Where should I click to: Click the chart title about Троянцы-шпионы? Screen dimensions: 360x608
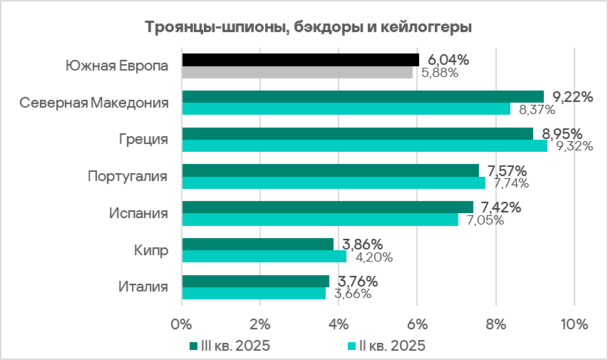pos(309,28)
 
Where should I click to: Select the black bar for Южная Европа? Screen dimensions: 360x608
pos(300,59)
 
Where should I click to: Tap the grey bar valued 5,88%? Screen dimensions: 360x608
pos(297,72)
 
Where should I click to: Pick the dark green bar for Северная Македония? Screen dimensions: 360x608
pos(363,96)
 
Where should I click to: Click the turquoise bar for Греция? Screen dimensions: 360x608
pos(364,145)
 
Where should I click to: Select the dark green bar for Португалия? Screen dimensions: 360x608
pos(331,170)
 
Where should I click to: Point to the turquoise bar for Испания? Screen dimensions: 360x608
pos(320,220)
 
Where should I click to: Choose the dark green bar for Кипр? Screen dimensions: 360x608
pos(257,244)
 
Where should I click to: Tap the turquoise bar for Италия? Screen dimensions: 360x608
pos(254,293)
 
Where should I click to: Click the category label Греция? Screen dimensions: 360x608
pos(144,139)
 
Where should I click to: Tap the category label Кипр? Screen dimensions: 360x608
pos(151,250)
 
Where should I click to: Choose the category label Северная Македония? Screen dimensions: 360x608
pos(94,103)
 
